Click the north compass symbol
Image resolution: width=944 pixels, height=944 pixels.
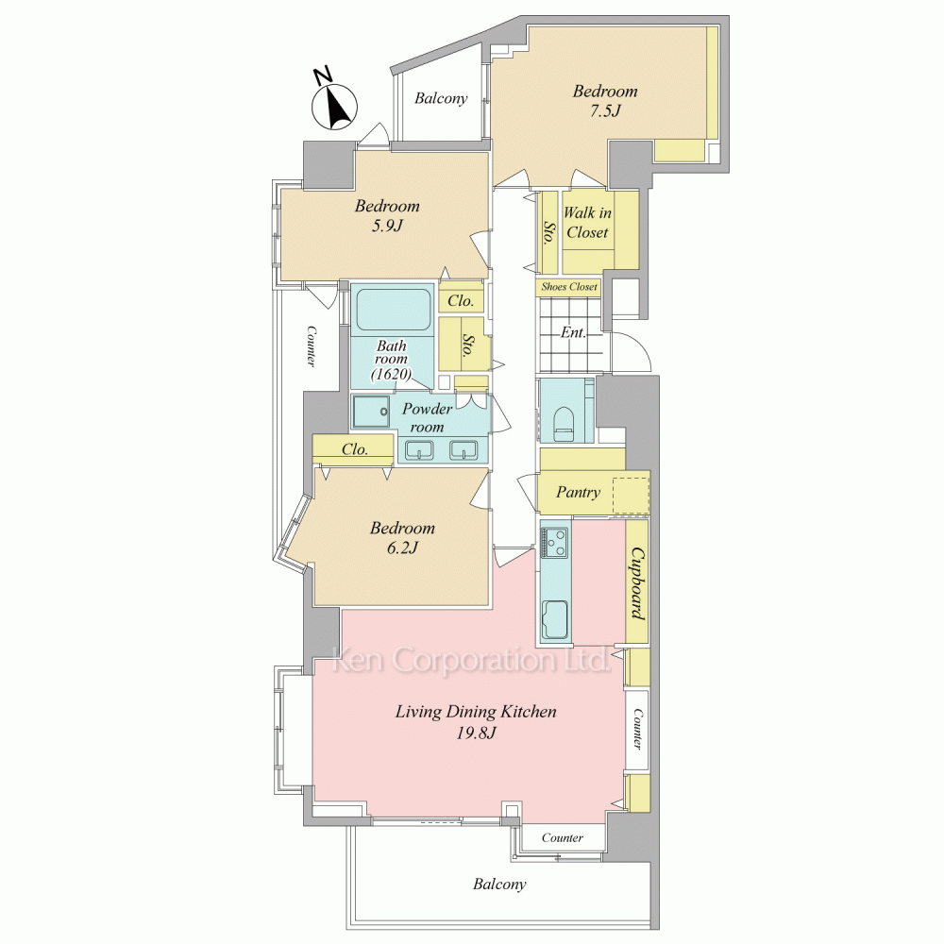click(334, 105)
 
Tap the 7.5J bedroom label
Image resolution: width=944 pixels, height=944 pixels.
click(604, 101)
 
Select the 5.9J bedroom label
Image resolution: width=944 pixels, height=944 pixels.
click(386, 215)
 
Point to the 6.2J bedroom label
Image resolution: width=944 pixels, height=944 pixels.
click(402, 538)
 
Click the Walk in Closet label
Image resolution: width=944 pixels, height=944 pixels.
click(587, 222)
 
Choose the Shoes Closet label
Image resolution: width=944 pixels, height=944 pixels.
click(569, 287)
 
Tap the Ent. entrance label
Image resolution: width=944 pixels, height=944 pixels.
click(573, 332)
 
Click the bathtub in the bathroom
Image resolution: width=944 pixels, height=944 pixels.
click(393, 310)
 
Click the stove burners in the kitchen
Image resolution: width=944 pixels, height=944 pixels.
click(555, 542)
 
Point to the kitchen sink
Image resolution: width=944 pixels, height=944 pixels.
click(555, 619)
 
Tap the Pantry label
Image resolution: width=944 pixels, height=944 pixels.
click(578, 493)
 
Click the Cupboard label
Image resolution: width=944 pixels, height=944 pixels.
click(637, 582)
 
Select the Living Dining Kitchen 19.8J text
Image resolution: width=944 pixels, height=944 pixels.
click(476, 722)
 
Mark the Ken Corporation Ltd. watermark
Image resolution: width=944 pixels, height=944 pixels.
click(471, 660)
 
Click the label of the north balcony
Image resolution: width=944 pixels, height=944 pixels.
click(441, 98)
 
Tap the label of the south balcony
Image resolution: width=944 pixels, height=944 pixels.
click(499, 884)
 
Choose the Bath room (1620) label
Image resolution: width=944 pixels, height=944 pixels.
click(392, 360)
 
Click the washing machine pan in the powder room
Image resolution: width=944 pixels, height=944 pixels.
click(371, 412)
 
